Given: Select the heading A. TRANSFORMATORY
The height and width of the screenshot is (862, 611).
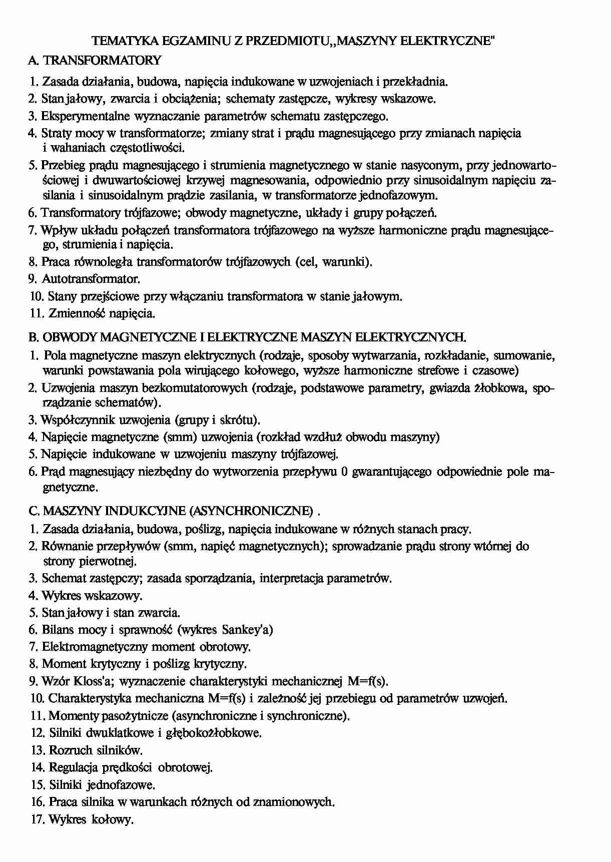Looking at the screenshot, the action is pos(95,61).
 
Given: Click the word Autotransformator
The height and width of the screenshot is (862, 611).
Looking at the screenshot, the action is pos(91,279).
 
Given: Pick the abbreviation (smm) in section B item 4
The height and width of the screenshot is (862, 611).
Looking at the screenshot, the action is pos(180,437).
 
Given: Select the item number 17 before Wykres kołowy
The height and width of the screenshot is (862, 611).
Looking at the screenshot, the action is pos(38,820).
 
